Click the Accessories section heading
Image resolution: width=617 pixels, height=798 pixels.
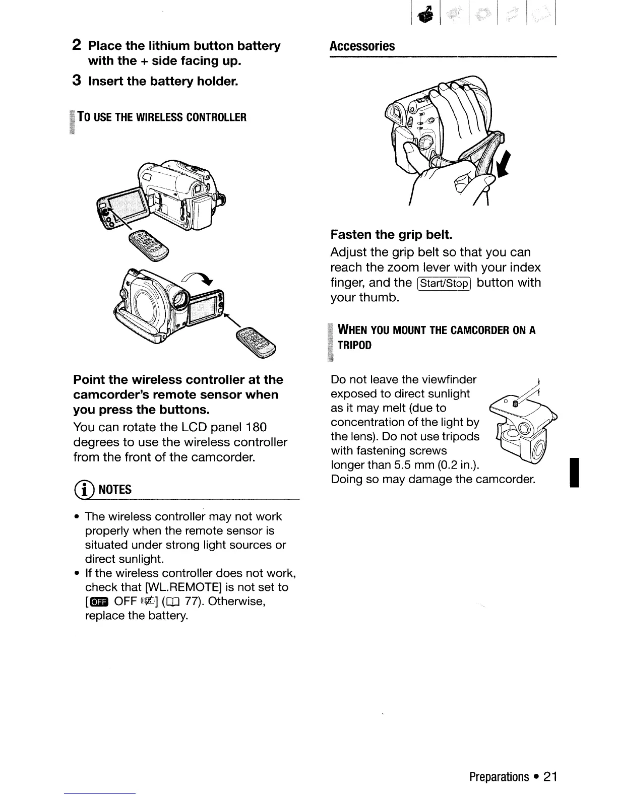pyautogui.click(x=362, y=46)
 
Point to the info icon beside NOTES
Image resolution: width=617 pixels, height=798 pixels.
pyautogui.click(x=81, y=489)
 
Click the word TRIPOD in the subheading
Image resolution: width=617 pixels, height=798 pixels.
pyautogui.click(x=355, y=345)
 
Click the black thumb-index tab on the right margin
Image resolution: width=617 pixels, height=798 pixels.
pyautogui.click(x=574, y=473)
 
